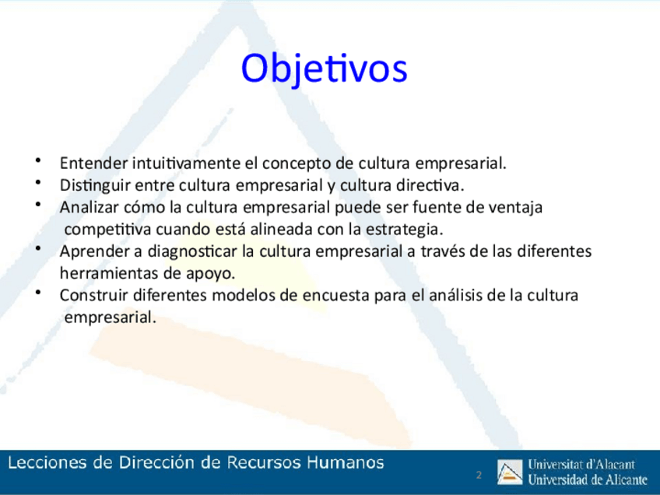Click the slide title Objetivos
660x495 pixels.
pyautogui.click(x=324, y=69)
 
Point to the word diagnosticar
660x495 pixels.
pyautogui.click(x=192, y=251)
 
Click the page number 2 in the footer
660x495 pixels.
pyautogui.click(x=479, y=476)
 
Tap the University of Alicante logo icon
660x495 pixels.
pyautogui.click(x=510, y=472)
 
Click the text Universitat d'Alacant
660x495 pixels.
pyautogui.click(x=581, y=465)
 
